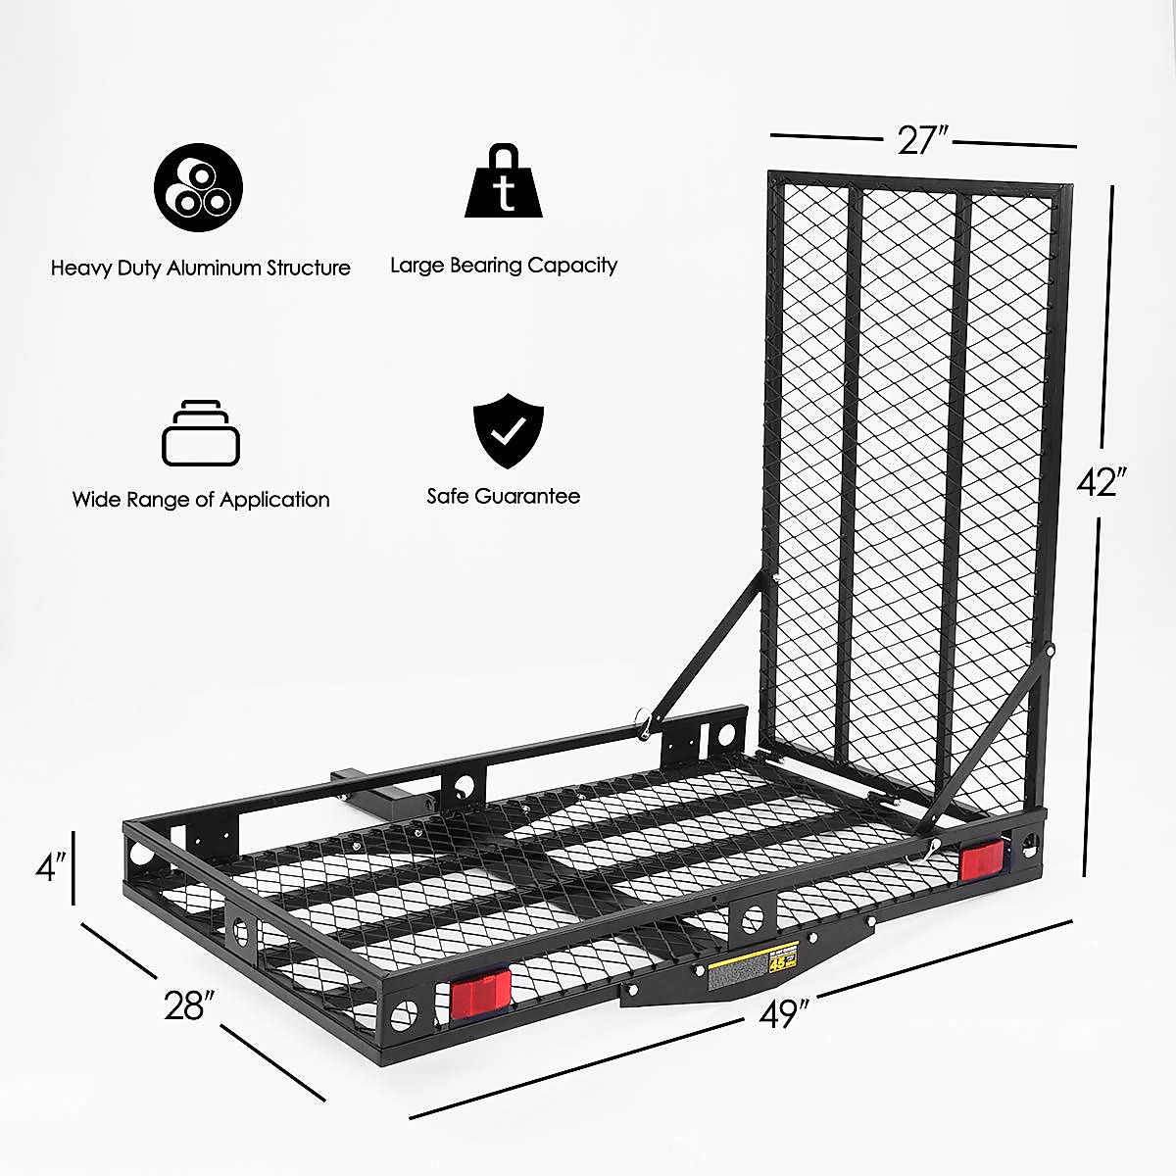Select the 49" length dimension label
780,1015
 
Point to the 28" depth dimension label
189,1005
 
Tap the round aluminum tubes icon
199,187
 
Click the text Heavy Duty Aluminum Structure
201,268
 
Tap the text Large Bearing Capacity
504,265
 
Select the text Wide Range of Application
201,500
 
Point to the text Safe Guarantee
504,497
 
